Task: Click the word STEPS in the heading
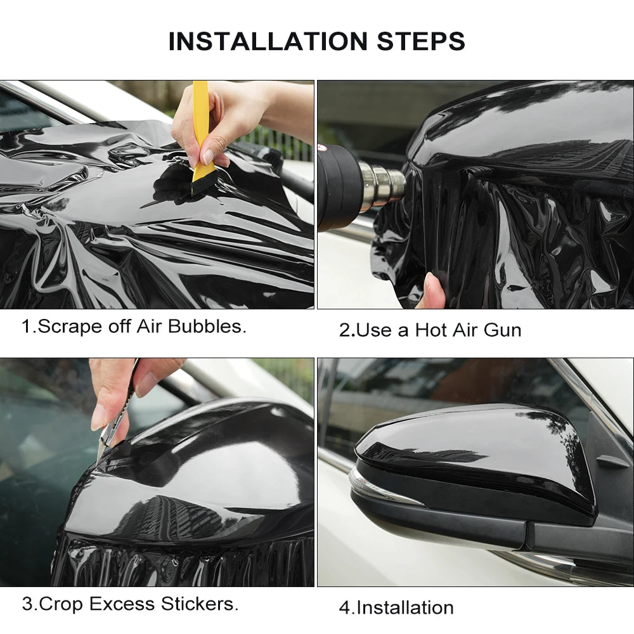(x=421, y=41)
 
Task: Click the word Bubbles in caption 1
(x=214, y=327)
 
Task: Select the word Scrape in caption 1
(x=67, y=327)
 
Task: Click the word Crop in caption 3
(x=61, y=604)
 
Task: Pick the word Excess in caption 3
(x=120, y=604)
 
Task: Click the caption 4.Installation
(x=396, y=607)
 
